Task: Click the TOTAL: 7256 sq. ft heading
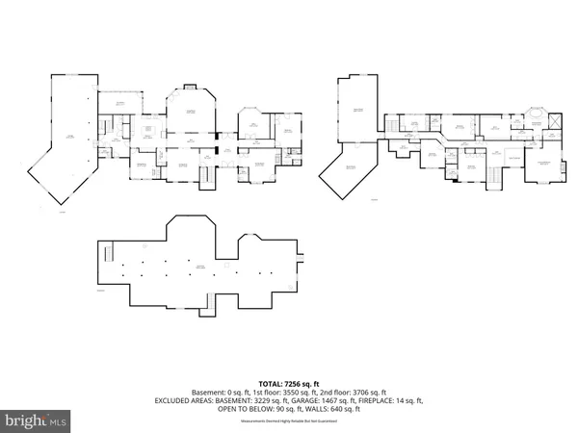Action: click(288, 383)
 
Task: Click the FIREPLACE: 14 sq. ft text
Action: click(389, 400)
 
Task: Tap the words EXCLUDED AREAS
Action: click(188, 400)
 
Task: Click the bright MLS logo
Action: click(37, 420)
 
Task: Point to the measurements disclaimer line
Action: click(288, 419)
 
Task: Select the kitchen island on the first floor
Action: click(149, 129)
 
